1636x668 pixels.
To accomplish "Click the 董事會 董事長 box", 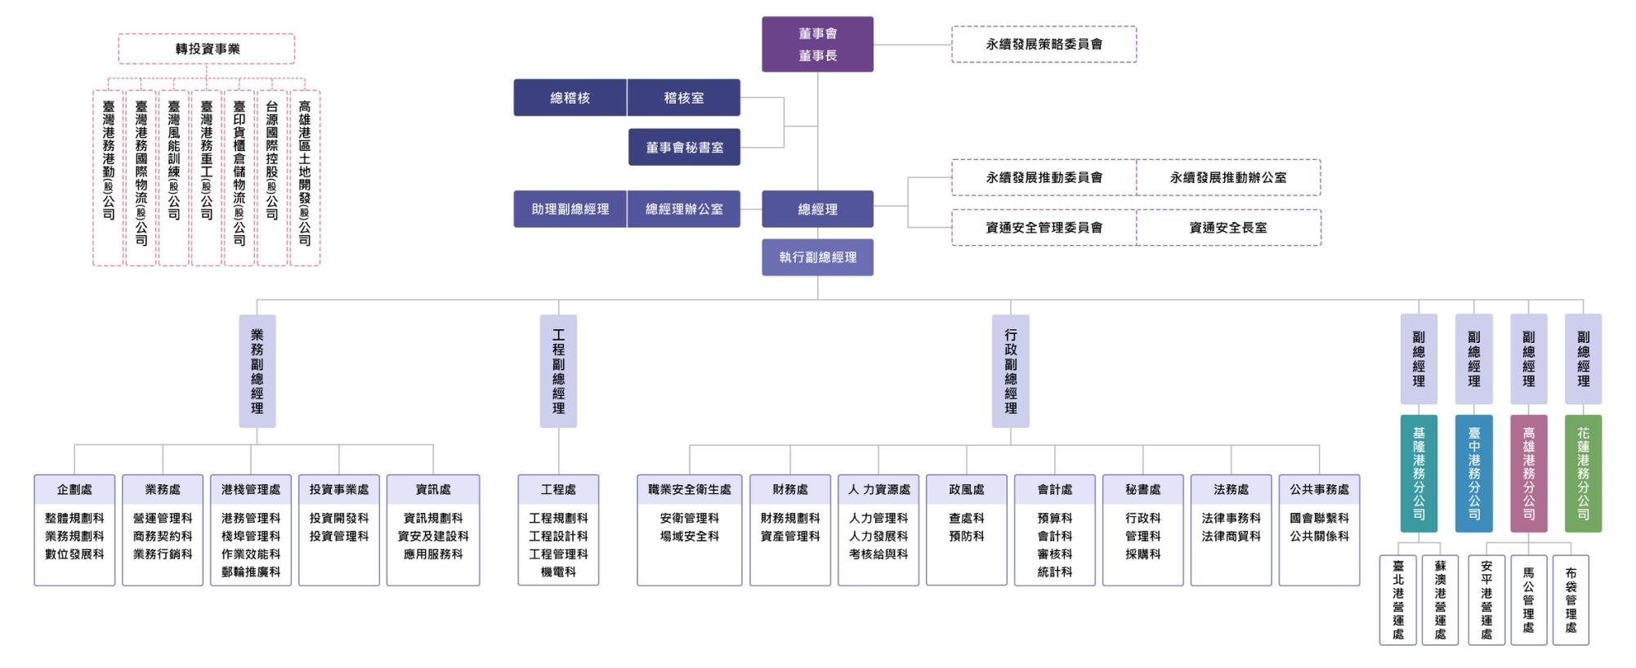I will pos(817,44).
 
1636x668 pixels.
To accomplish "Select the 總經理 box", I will pos(817,209).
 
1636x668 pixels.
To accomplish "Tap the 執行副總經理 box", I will pos(817,257).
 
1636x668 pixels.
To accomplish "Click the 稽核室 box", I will pos(683,98).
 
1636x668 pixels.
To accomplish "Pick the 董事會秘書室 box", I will pos(684,148).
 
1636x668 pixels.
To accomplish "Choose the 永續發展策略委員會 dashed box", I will pos(1044,44).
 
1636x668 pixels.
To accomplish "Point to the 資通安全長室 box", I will pos(1227,228).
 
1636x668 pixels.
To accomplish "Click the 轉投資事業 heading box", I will pos(207,49).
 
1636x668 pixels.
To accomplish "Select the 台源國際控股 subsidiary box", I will pos(272,177).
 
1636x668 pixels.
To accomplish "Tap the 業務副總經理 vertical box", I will pos(257,371).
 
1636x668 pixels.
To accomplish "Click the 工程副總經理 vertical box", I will pos(558,371).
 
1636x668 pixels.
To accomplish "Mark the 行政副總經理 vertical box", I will pos(1010,371).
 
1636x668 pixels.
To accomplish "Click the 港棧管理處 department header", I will pos(251,489).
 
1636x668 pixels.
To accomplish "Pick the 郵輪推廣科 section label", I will pos(251,572).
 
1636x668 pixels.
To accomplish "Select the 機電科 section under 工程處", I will pos(558,572).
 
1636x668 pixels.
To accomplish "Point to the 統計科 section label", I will pos(1054,572).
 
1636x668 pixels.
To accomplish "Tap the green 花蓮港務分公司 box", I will pos(1583,474).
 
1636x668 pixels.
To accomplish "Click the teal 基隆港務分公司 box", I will pos(1419,474).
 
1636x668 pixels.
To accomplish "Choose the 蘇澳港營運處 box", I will pos(1440,600).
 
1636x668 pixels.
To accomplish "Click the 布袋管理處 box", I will pos(1571,600).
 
